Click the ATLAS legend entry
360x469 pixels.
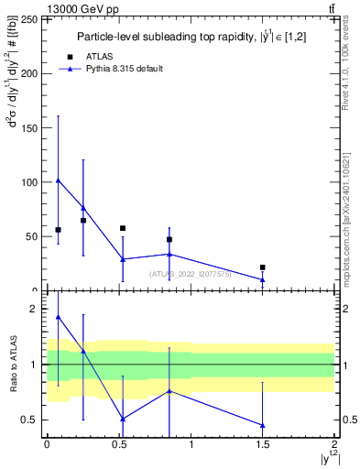(x=101, y=56)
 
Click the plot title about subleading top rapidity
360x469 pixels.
(x=191, y=37)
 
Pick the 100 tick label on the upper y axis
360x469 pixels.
(x=30, y=182)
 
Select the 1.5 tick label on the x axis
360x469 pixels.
(x=262, y=444)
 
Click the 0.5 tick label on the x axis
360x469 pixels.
(x=118, y=444)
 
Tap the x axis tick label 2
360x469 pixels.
(x=334, y=444)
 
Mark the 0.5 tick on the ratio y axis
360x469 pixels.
(x=33, y=420)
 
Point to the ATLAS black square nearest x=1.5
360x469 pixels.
(x=263, y=267)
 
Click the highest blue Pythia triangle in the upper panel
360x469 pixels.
(x=58, y=180)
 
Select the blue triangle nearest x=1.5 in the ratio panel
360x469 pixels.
(x=263, y=425)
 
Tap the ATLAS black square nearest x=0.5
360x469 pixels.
(x=123, y=228)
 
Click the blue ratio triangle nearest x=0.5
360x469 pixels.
(x=123, y=419)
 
